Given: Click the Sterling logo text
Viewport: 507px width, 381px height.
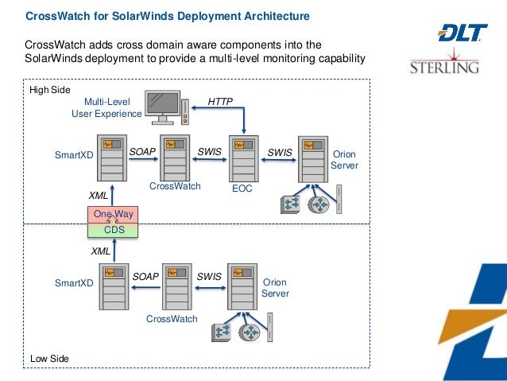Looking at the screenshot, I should coord(444,67).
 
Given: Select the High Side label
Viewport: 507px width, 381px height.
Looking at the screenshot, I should coord(50,90).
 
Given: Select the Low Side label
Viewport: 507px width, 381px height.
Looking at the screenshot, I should coord(49,359).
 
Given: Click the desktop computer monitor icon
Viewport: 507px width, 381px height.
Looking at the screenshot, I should coord(161,108).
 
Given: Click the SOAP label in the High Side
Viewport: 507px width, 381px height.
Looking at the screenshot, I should coord(142,150).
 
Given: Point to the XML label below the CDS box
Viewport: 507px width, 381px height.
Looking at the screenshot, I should coord(100,251).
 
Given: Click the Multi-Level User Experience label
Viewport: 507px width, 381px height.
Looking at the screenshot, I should coord(106,108).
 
